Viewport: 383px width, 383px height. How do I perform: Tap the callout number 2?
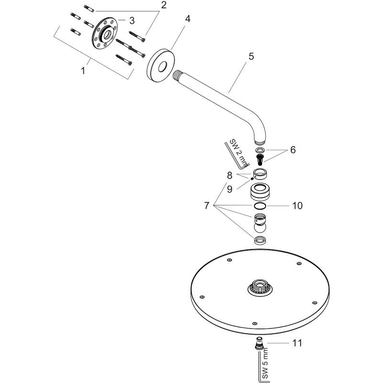click(164, 6)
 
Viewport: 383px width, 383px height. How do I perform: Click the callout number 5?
click(251, 56)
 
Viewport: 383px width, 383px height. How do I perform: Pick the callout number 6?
click(293, 150)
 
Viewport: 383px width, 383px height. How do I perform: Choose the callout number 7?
click(206, 205)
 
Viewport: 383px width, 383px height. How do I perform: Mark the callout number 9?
click(230, 189)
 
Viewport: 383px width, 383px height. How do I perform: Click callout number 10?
click(297, 206)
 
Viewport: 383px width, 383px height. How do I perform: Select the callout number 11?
click(297, 342)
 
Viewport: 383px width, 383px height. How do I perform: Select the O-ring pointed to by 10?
click(259, 206)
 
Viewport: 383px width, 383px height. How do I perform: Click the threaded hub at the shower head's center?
click(259, 288)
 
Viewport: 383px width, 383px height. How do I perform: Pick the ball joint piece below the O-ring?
click(259, 223)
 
